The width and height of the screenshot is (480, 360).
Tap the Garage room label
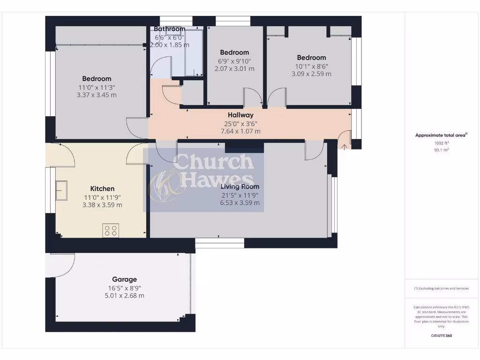click(x=124, y=279)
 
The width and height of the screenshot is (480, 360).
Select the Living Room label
click(x=240, y=187)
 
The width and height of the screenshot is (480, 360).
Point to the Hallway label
click(x=240, y=115)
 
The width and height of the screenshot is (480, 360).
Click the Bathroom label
click(x=170, y=29)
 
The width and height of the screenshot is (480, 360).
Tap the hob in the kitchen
click(x=111, y=230)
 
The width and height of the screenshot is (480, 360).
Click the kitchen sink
click(x=61, y=190)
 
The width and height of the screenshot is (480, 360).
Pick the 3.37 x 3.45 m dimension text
click(x=97, y=95)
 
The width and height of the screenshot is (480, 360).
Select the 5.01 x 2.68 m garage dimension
click(x=124, y=296)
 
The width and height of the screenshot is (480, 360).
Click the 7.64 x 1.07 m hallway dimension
click(x=240, y=131)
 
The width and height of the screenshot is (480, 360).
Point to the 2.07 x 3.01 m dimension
click(x=234, y=68)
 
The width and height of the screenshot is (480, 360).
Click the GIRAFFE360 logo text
click(x=442, y=336)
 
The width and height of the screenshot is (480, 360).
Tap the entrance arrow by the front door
click(x=345, y=146)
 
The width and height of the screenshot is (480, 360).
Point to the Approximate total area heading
click(x=441, y=135)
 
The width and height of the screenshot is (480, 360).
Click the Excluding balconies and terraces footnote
click(x=442, y=288)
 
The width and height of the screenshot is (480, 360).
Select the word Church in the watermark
click(x=214, y=162)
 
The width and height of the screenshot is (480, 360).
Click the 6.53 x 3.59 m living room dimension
click(x=240, y=203)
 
